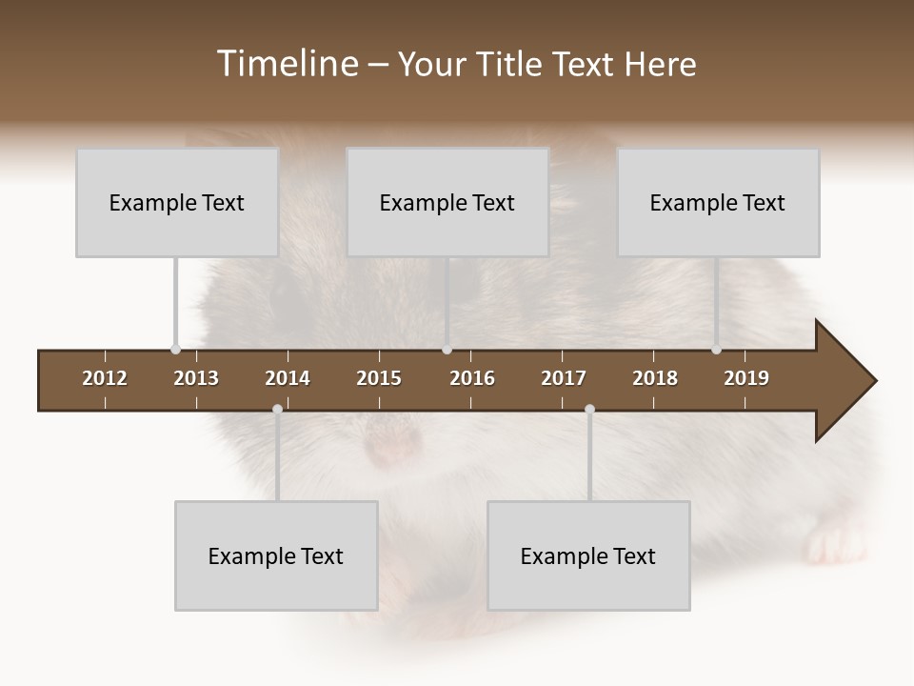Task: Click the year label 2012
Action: click(x=105, y=378)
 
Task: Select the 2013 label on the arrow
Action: click(x=196, y=378)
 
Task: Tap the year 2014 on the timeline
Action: click(x=288, y=378)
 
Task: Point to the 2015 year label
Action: click(x=379, y=378)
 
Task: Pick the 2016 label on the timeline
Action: click(x=472, y=378)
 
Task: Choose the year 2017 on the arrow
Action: click(x=564, y=378)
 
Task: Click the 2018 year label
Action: click(x=655, y=378)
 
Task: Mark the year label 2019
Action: click(x=746, y=378)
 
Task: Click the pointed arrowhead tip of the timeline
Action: click(x=873, y=381)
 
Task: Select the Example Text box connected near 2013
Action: click(x=176, y=202)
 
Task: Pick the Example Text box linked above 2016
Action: click(x=447, y=202)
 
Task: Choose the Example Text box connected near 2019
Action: click(x=718, y=202)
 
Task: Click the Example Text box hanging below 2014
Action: click(x=276, y=555)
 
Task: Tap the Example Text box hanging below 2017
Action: click(x=588, y=555)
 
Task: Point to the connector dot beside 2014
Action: click(x=277, y=410)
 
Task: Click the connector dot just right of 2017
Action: click(x=589, y=410)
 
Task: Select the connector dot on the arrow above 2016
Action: click(x=447, y=350)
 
